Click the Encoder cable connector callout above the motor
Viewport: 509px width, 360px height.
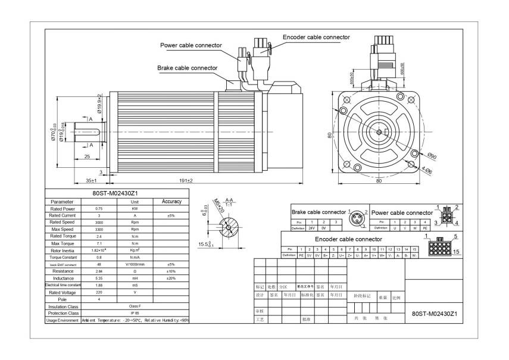point(316,37)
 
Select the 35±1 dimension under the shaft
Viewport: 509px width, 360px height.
point(91,180)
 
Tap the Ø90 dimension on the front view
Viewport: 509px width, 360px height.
point(432,156)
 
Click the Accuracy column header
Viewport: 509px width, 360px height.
point(171,202)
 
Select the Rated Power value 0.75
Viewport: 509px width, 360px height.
point(98,209)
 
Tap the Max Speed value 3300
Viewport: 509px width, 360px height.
point(98,229)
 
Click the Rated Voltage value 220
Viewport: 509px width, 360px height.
point(98,292)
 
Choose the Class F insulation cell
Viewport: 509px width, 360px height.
point(135,306)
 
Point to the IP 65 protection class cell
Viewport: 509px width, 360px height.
point(135,313)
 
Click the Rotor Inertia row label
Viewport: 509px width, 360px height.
point(63,250)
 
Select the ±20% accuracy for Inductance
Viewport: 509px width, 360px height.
point(171,278)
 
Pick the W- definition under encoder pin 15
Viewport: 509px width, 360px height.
point(414,255)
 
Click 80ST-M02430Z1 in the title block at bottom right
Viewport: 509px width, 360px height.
point(434,313)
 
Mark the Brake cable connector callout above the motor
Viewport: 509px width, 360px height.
point(187,68)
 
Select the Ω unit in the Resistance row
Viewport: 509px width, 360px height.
point(135,271)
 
